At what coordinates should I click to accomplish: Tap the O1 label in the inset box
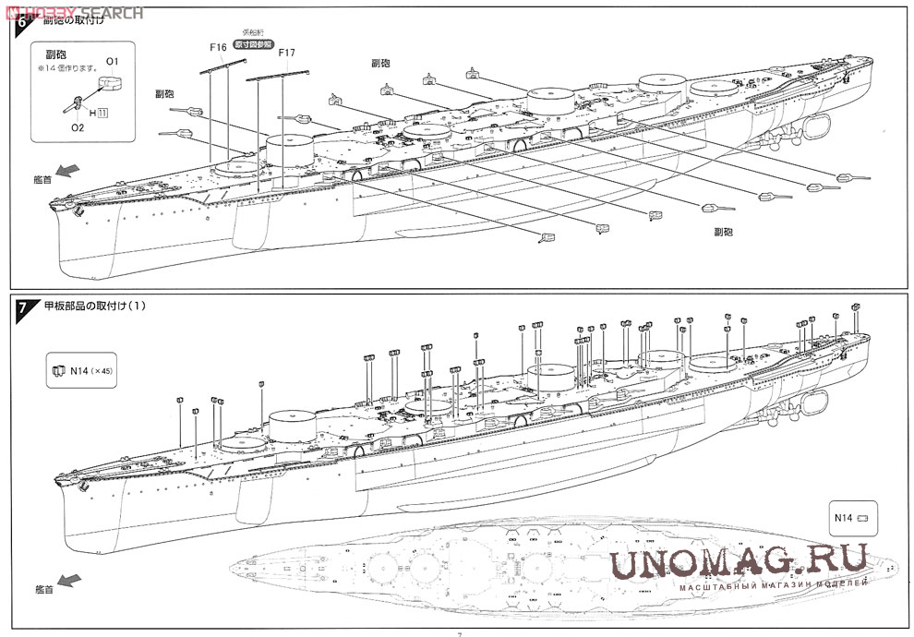[112, 61]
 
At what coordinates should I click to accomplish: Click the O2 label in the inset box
[78, 128]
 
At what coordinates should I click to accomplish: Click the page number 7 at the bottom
[459, 632]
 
